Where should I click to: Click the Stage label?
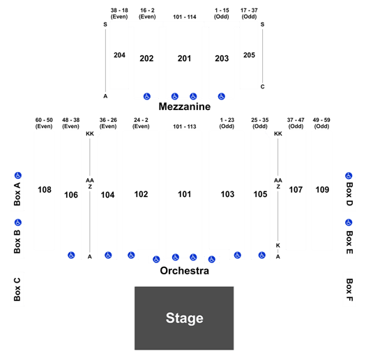(185, 318)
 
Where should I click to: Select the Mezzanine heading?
(185, 107)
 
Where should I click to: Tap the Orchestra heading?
(185, 271)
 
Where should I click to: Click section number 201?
(185, 58)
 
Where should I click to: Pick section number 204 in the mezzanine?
(119, 55)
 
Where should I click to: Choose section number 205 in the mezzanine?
(250, 55)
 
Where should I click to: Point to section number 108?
(45, 190)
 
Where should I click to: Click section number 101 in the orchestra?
(185, 194)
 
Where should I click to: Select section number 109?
(322, 190)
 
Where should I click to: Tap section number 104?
(107, 195)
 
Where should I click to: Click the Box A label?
(17, 194)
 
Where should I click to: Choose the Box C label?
(17, 290)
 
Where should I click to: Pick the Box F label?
(349, 290)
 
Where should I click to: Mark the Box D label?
(349, 194)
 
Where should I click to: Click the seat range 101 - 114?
(185, 17)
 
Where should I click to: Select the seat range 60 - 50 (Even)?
(44, 123)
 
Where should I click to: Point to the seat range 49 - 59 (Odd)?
(321, 123)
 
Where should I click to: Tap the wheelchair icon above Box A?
(18, 175)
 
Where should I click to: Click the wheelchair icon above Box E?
(349, 222)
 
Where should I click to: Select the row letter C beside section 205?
(262, 87)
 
